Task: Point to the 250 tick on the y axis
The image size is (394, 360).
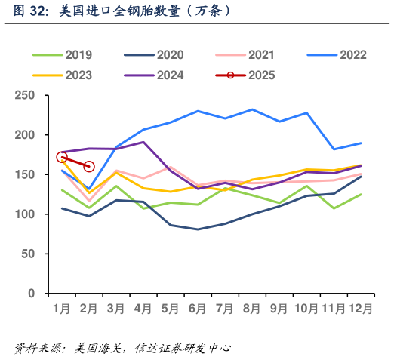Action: pos(25,95)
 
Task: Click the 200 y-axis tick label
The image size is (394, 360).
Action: pos(25,135)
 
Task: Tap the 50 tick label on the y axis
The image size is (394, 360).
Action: pos(29,254)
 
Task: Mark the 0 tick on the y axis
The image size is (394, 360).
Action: pos(32,294)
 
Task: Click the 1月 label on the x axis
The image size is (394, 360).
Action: pos(62,309)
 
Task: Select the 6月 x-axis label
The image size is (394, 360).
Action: pos(197,309)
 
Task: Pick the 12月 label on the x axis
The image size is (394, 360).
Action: pos(359,309)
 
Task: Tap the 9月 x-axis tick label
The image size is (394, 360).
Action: pos(279,309)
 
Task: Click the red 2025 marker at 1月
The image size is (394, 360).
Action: pos(62,158)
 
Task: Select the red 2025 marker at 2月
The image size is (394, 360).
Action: pos(89,166)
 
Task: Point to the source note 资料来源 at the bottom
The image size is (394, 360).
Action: pos(122,348)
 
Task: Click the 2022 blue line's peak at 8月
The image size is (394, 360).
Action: pos(251,109)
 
